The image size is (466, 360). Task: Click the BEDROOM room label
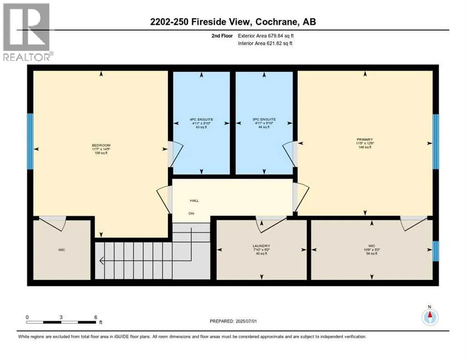(101, 145)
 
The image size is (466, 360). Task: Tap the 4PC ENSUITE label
(202, 120)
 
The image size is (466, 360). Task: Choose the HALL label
(194, 201)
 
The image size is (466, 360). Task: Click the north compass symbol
(429, 317)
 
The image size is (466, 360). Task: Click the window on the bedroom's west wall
(30, 141)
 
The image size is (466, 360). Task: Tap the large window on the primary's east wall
(435, 141)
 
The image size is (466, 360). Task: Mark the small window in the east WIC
(435, 251)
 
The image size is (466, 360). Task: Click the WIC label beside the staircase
(61, 250)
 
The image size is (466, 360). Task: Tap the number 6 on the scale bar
(96, 316)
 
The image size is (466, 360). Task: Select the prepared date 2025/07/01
(248, 321)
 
